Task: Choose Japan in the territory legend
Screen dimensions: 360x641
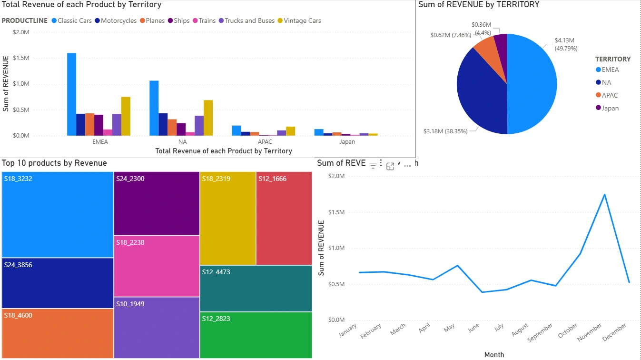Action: point(610,108)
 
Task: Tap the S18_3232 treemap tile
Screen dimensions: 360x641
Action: point(58,214)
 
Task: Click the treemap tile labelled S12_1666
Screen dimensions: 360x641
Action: point(284,218)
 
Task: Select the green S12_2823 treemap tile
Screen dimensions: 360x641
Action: point(256,335)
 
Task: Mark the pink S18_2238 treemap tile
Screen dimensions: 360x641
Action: point(157,266)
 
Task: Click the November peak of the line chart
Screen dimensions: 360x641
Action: point(604,194)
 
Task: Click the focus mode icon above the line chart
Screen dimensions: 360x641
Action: point(390,166)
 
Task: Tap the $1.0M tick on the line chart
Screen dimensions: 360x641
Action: point(336,248)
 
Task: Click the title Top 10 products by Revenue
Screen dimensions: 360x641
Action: point(54,163)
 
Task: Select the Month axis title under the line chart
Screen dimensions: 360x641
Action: point(494,354)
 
